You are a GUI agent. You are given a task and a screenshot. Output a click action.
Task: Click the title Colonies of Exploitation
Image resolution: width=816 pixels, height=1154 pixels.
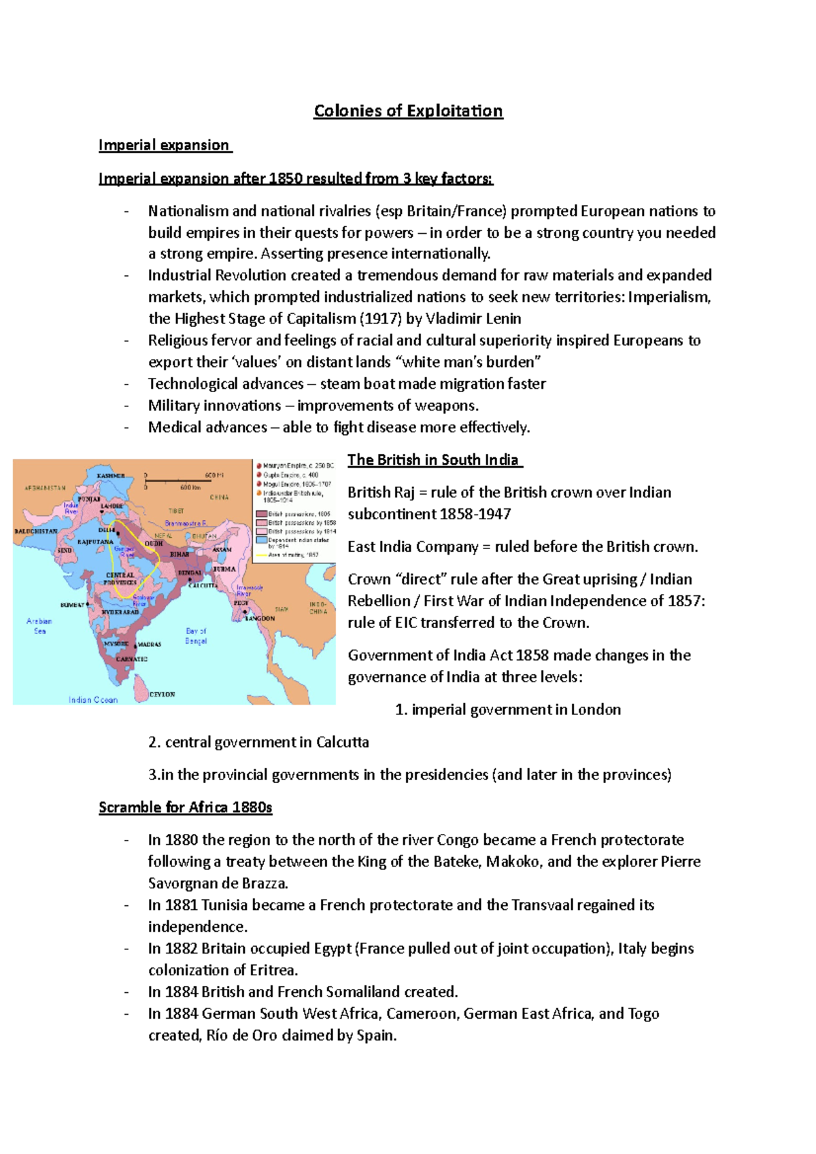coord(408,111)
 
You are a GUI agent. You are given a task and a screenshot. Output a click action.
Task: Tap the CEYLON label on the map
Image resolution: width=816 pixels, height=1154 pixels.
coord(163,694)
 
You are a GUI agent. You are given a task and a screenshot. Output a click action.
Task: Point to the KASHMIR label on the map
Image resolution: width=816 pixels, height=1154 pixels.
coord(111,476)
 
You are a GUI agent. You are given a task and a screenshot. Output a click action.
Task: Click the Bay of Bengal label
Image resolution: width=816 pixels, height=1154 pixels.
coord(196,636)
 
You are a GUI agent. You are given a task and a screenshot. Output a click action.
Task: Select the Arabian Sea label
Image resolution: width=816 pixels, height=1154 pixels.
coord(39,626)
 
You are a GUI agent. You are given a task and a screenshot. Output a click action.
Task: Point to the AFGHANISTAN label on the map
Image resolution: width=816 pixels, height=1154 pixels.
coord(46,488)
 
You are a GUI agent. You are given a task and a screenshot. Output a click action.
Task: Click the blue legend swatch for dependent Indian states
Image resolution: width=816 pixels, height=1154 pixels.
coord(260,540)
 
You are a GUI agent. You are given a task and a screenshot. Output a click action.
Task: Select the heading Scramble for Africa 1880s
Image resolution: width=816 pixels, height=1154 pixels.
coord(185,807)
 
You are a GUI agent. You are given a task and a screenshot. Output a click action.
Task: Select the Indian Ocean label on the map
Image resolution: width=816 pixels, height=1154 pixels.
coord(93,699)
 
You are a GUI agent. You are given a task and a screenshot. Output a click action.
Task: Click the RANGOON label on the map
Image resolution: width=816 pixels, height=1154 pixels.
coord(260,618)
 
